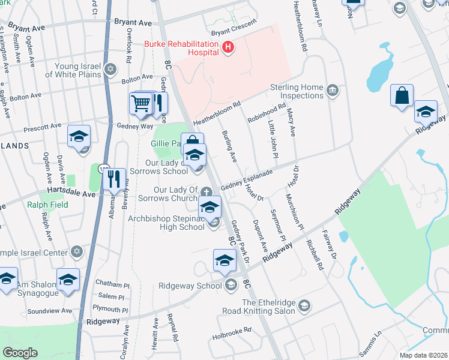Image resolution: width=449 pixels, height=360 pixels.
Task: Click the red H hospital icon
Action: [228, 47]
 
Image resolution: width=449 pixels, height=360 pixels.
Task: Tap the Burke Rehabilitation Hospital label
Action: [182, 49]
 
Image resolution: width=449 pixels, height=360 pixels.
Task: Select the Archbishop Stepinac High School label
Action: [166, 223]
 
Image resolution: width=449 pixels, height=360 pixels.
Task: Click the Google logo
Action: [20, 353]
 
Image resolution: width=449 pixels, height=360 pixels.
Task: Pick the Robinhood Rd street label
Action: [267, 113]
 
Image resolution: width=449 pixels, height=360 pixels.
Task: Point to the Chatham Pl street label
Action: [113, 285]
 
